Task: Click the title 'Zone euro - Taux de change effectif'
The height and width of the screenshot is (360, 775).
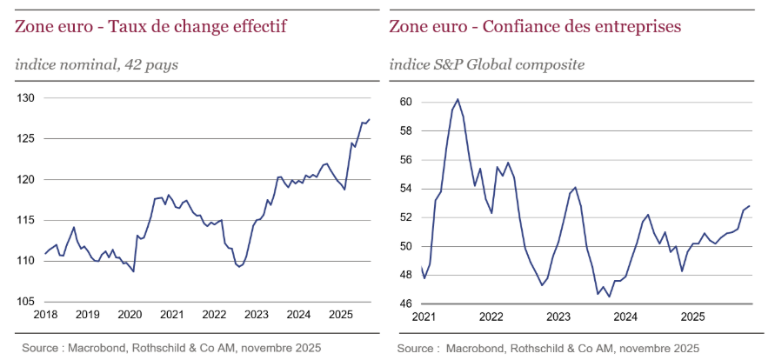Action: (150, 27)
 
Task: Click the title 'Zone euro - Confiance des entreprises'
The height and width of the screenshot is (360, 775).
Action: (535, 27)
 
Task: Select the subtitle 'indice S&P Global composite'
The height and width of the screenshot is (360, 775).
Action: (487, 64)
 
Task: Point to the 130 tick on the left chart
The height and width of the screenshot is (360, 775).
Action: (25, 98)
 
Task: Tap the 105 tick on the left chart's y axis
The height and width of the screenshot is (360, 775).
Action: (25, 302)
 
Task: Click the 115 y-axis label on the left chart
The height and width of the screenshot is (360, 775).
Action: (25, 221)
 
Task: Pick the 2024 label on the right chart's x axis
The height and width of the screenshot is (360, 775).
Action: (625, 317)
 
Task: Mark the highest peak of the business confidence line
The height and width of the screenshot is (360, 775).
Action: (458, 99)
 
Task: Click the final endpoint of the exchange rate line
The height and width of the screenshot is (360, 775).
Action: (370, 119)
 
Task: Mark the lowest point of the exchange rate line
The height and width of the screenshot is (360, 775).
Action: (133, 271)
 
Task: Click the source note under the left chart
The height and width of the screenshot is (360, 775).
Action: (171, 348)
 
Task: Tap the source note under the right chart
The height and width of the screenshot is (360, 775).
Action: (548, 348)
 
